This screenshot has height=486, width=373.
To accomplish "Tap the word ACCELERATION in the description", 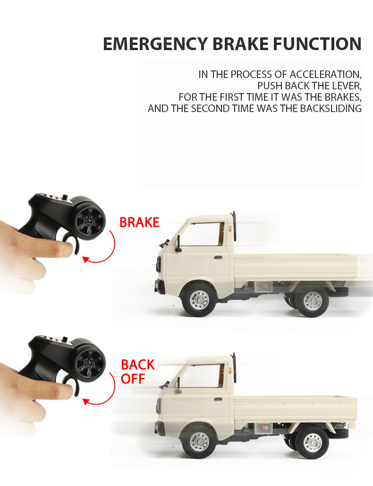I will [325, 74].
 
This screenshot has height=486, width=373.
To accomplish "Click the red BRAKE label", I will [139, 222].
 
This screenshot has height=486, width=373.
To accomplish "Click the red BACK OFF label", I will [137, 372].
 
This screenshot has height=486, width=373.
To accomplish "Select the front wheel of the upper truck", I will [199, 300].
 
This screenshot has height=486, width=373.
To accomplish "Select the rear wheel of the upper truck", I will [312, 300].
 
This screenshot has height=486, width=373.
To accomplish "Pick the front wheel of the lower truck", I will [199, 442].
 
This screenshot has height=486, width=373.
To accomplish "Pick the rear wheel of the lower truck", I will [312, 442].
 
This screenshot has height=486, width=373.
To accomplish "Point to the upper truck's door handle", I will [218, 258].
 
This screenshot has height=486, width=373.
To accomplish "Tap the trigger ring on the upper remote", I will [71, 243].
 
